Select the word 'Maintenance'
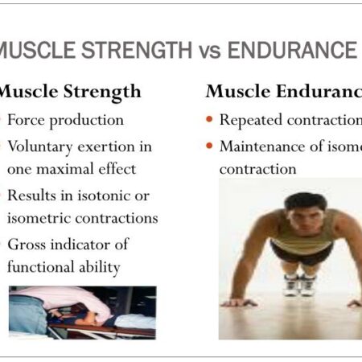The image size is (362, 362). [260, 146]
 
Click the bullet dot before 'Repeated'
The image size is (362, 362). [209, 121]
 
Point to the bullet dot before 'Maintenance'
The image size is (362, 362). [209, 146]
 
